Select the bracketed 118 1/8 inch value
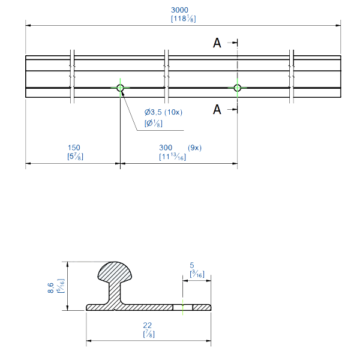coord(183,19)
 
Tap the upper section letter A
coord(217,43)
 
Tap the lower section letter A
coord(217,109)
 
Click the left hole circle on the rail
coord(121,88)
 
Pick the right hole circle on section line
coord(238,88)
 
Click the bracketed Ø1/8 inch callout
coord(153,124)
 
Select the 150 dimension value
coord(74,148)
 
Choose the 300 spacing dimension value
coord(165,148)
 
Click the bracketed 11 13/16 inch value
coord(172,157)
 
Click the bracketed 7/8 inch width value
coord(149,334)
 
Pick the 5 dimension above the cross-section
coord(191,265)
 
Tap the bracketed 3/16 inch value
coord(196,274)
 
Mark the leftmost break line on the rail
coord(72,76)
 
